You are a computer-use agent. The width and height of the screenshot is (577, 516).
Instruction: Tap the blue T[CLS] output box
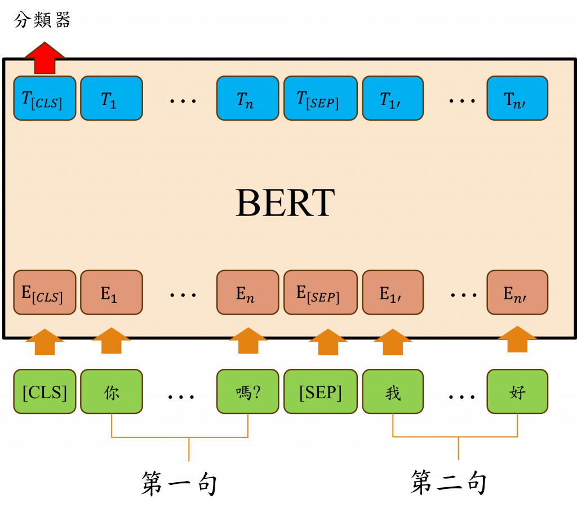pos(45,98)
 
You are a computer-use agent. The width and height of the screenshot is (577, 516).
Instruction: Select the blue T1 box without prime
pos(112,98)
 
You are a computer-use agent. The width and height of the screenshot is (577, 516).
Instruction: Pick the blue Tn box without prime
pos(247,98)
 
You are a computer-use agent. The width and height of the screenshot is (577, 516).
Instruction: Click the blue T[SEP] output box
pos(320,98)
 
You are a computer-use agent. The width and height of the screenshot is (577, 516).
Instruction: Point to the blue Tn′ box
pos(517,98)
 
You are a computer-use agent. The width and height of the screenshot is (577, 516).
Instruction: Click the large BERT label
pos(285,203)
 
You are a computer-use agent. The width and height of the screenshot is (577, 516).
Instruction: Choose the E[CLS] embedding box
pos(45,292)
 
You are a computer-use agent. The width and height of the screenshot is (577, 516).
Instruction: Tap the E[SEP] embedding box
pos(320,292)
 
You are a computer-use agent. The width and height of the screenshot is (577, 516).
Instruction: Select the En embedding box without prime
pos(247,292)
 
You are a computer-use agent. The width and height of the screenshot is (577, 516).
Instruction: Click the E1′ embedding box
pos(393,292)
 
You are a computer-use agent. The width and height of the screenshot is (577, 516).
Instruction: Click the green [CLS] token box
pos(45,391)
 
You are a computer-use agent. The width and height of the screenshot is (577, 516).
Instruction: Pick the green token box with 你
pos(112,391)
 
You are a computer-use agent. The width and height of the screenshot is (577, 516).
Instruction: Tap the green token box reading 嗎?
pos(247,391)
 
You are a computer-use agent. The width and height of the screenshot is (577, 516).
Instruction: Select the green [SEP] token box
pos(320,391)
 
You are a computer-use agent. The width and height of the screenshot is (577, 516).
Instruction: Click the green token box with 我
pos(393,391)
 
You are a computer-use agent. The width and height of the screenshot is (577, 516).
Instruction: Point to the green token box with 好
pos(517,391)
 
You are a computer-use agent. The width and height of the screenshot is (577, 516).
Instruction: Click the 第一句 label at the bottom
pos(179,484)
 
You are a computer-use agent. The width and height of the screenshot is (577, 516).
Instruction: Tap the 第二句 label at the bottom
pos(448,483)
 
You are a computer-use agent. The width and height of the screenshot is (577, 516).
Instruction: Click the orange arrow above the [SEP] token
pos(328,342)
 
